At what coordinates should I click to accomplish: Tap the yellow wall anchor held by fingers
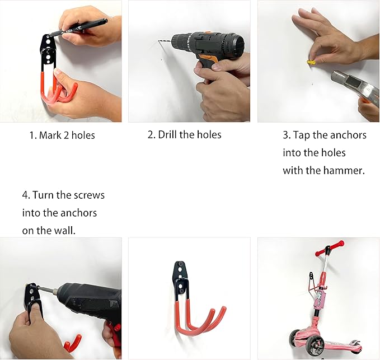click(x=311, y=62)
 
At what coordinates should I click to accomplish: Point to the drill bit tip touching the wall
click(x=159, y=41)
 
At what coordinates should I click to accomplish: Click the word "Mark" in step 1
click(x=50, y=135)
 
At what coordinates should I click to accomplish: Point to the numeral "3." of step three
click(x=287, y=135)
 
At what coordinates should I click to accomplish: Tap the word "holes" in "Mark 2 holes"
click(x=83, y=135)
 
